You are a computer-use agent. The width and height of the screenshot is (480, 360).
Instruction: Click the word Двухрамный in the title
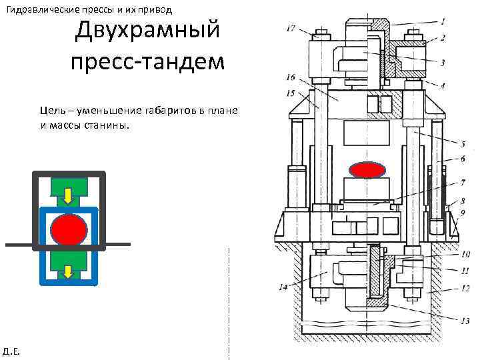click(x=147, y=31)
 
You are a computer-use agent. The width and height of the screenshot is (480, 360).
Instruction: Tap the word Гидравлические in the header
click(x=43, y=9)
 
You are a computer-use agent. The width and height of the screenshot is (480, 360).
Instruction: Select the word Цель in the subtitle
click(x=52, y=110)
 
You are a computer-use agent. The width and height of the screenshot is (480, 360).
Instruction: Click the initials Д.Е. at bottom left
click(x=11, y=351)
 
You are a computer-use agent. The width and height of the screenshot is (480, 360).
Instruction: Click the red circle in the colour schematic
click(x=69, y=229)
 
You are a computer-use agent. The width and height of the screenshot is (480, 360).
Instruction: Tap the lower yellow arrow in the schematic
click(x=68, y=271)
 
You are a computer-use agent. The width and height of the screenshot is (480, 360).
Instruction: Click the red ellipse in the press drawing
click(x=368, y=169)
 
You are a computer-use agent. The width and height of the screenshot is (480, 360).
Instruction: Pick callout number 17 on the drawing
click(x=291, y=28)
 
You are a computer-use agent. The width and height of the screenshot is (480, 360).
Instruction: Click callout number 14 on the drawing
click(x=283, y=288)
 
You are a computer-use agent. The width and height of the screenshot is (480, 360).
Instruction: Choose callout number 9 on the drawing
click(x=462, y=213)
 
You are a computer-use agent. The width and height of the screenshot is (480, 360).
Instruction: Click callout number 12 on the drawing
click(x=465, y=288)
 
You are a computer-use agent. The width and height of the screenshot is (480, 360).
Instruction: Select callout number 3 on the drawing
click(x=443, y=62)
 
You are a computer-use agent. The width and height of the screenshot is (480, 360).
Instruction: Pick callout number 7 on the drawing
click(x=463, y=182)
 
